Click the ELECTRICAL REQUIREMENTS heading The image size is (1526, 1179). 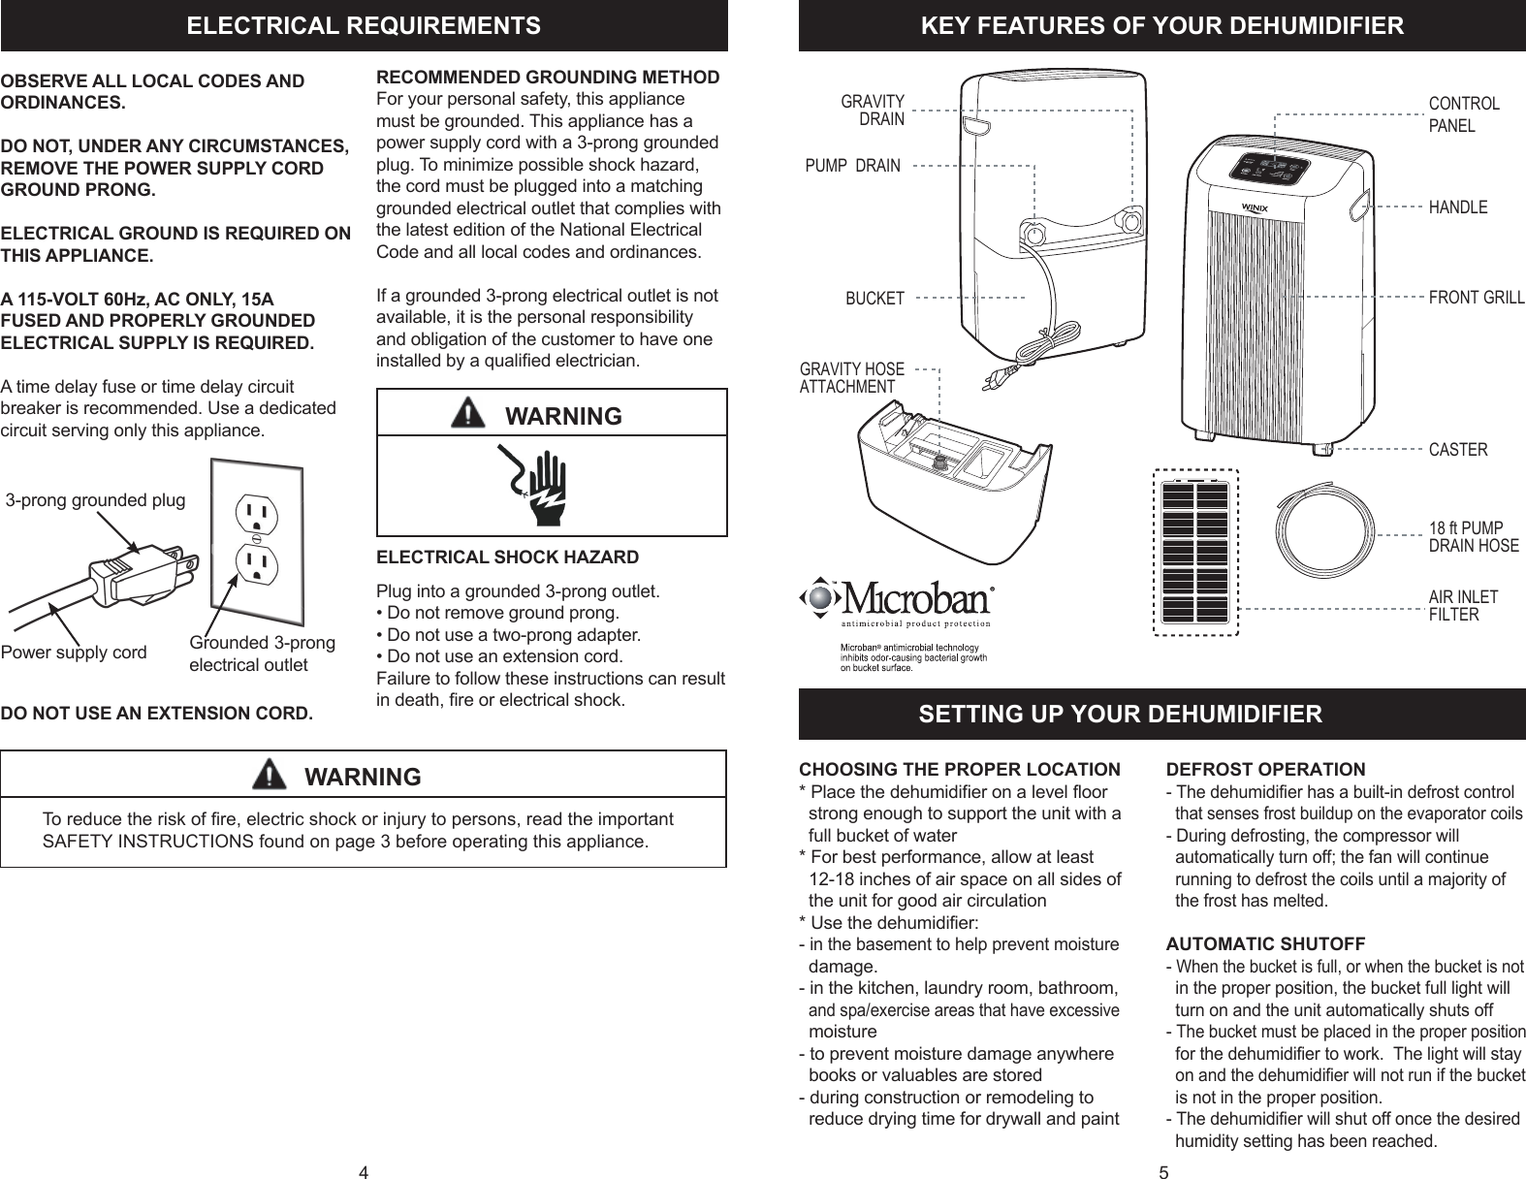pos(364,25)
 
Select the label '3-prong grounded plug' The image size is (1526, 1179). pos(95,500)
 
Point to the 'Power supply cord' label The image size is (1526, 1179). pos(74,652)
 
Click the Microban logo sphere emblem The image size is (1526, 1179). pos(820,598)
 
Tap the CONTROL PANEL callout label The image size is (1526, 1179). pos(1464,114)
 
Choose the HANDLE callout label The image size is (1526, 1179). pos(1458,207)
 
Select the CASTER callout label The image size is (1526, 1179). pos(1458,450)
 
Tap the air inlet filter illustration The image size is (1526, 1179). pos(1195,553)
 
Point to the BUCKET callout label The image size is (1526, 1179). pos(874,299)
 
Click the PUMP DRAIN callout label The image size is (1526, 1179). pos(852,166)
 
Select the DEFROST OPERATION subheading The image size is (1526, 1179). pos(1264,770)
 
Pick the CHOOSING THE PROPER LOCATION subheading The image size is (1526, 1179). pos(958,770)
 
